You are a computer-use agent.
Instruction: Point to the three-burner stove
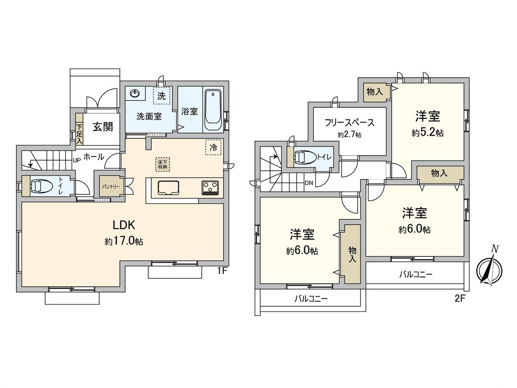(210, 188)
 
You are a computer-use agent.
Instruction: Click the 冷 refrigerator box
(213, 147)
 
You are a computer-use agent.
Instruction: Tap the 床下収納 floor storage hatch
(162, 164)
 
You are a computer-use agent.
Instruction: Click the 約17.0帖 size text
(124, 241)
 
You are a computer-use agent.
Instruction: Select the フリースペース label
(349, 123)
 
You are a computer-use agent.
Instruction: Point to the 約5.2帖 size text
(427, 133)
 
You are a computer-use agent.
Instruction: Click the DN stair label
(308, 183)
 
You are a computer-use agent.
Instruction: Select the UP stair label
(77, 160)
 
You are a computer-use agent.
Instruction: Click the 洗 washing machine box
(162, 96)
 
